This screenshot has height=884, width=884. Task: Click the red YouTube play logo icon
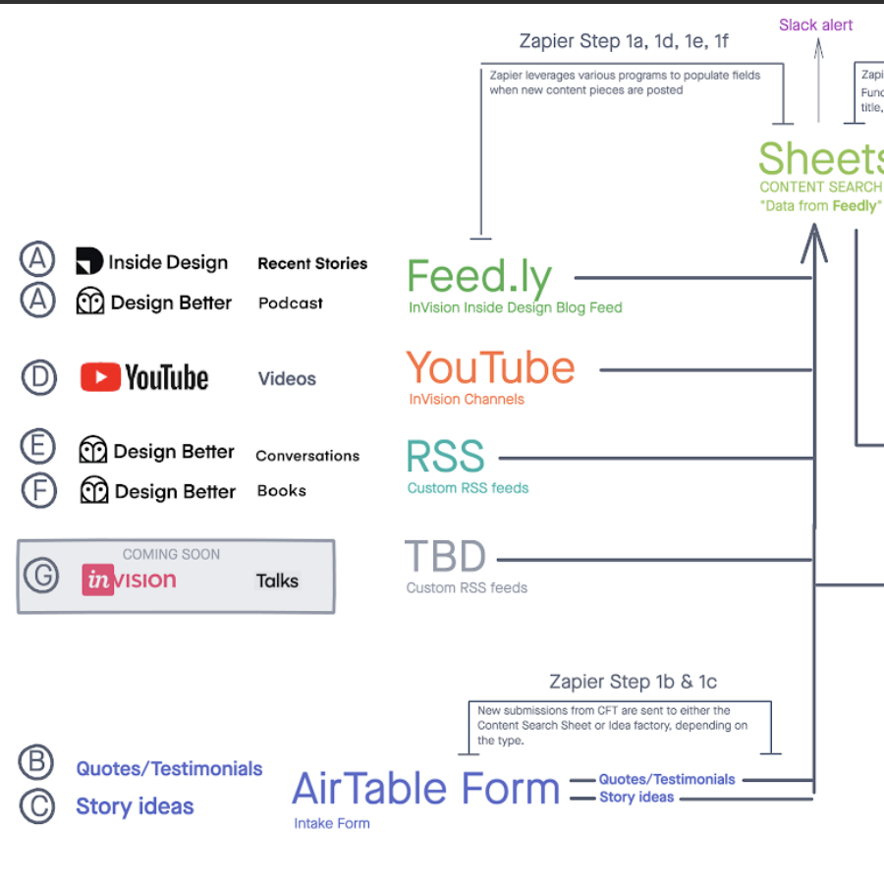100,377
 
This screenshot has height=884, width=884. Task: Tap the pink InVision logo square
98,580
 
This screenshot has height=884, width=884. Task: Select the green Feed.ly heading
479,277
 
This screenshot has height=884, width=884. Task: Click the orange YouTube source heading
490,368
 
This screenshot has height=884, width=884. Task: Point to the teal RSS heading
445,457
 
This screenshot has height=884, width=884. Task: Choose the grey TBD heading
445,557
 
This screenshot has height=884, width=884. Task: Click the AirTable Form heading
425,788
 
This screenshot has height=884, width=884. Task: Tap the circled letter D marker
39,377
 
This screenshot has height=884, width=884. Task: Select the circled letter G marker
41,577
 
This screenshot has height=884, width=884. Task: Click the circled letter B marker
36,762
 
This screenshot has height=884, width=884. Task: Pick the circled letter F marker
39,490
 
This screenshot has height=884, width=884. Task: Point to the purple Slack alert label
816,25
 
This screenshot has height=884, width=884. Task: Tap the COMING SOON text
171,554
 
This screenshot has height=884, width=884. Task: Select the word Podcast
291,303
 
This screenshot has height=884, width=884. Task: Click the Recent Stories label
312,263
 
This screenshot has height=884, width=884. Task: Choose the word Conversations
307,456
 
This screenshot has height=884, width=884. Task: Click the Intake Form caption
332,823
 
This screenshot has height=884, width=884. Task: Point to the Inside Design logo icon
89,260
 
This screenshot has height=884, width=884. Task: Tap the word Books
282,490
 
